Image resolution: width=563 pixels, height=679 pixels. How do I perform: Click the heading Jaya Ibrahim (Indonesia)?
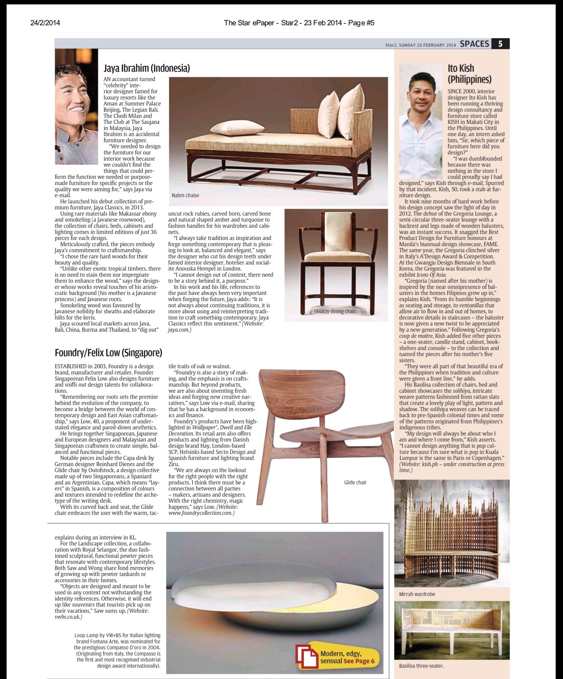tap(147, 68)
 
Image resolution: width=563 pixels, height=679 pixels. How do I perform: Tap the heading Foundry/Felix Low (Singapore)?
tap(108, 353)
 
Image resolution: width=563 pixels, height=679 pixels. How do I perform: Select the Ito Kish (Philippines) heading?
tap(469, 73)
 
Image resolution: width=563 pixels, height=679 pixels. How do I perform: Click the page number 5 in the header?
tap(500, 44)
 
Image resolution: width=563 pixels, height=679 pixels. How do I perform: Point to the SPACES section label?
tap(474, 44)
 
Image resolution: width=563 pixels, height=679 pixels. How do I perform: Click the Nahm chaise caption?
tap(185, 195)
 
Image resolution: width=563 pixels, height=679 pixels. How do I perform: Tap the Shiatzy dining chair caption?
tap(335, 311)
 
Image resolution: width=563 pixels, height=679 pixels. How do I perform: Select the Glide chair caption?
tap(355, 482)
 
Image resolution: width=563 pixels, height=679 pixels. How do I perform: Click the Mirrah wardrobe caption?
tap(417, 594)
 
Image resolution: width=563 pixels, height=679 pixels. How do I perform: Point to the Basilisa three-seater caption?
tap(421, 666)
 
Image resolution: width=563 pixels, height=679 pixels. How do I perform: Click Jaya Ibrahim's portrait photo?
tap(76, 106)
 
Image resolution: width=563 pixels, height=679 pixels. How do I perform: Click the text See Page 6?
tap(359, 661)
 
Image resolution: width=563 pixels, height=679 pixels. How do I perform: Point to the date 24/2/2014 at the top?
tap(45, 23)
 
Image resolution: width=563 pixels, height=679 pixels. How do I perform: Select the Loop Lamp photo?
tap(275, 601)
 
